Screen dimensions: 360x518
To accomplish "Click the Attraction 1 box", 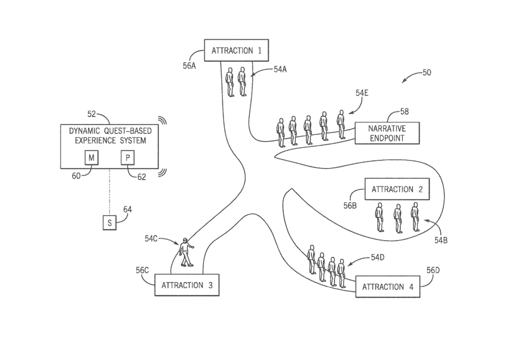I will coord(237,51).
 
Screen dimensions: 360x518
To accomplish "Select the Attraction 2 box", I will coord(398,189).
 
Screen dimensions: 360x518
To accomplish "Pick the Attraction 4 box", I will coord(387,287).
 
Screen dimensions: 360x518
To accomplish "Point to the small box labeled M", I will coord(92,158).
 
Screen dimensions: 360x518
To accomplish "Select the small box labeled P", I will coord(127,158).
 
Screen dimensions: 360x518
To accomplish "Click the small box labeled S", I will coord(110,223).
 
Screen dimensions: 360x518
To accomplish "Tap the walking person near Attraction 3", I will coord(186,252).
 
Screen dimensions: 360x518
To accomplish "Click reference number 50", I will coord(426,73).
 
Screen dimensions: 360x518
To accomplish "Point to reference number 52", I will coord(92,114).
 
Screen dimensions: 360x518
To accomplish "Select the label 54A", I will coord(280,69).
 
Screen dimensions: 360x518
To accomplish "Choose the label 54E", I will coord(362,93).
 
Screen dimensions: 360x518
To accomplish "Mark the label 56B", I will coord(350,206).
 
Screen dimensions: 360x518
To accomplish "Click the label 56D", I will coord(433,270).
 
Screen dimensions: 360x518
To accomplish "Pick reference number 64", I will coord(127,209).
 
